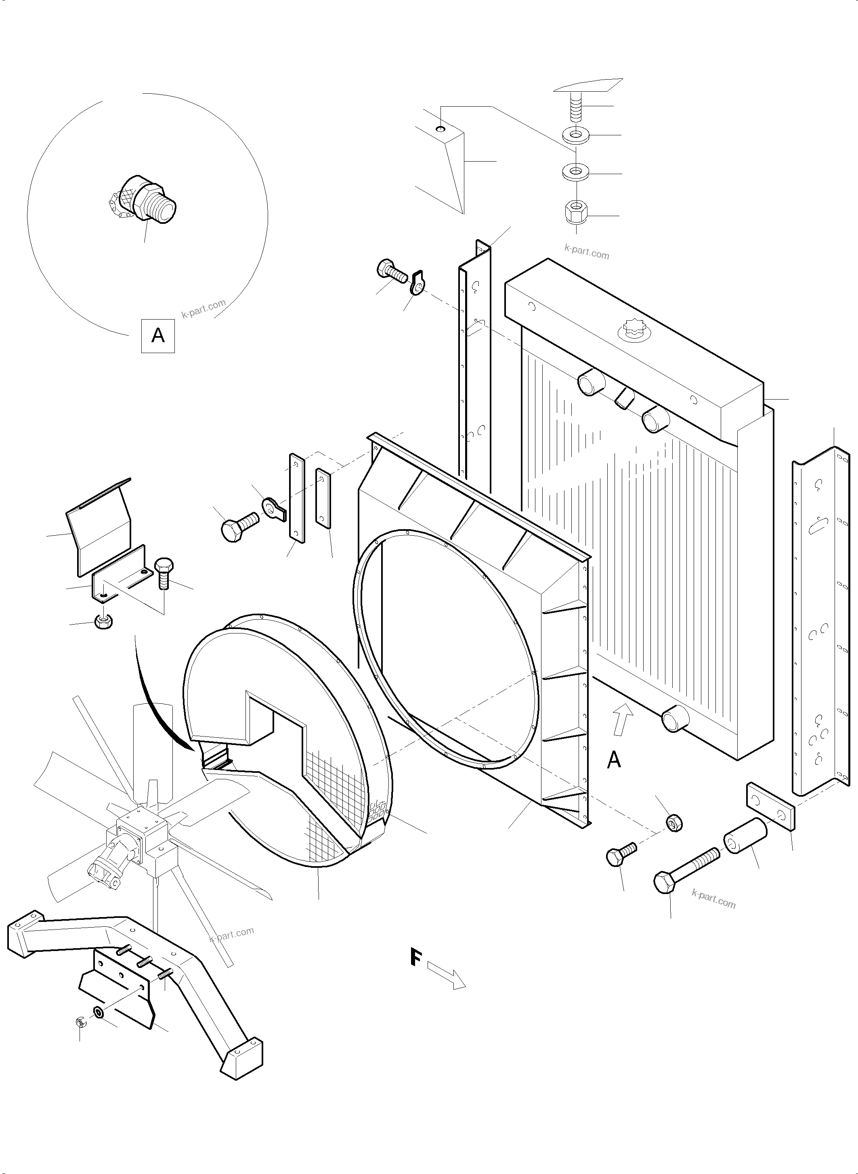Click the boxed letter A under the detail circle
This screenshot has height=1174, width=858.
158,336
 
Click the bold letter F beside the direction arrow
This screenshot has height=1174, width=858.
415,958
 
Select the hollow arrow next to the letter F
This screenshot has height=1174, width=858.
447,976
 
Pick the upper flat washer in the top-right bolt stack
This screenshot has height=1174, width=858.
575,136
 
